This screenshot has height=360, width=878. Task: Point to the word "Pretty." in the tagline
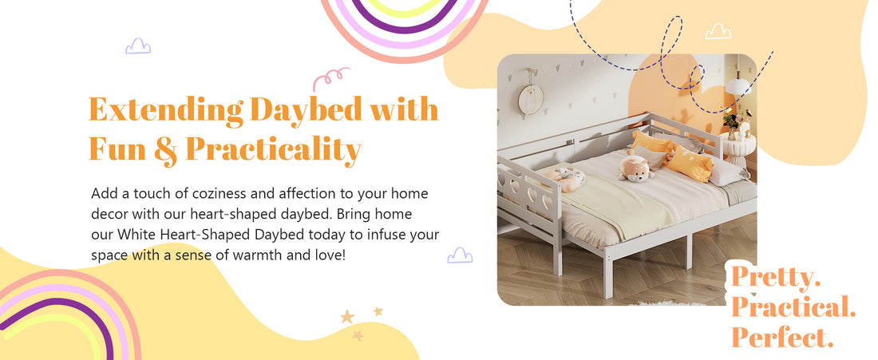click(776, 278)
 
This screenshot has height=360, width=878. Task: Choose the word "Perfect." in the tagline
click(782, 338)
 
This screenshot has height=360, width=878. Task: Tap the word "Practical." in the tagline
click(793, 307)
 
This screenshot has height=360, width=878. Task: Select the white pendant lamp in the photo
click(742, 84)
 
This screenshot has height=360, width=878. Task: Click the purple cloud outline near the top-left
click(138, 46)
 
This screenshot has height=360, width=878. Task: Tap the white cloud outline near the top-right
click(718, 31)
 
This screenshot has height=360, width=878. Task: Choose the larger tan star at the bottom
click(347, 317)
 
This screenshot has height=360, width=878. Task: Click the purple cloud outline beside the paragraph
click(460, 255)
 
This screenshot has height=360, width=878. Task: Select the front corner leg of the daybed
click(607, 280)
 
